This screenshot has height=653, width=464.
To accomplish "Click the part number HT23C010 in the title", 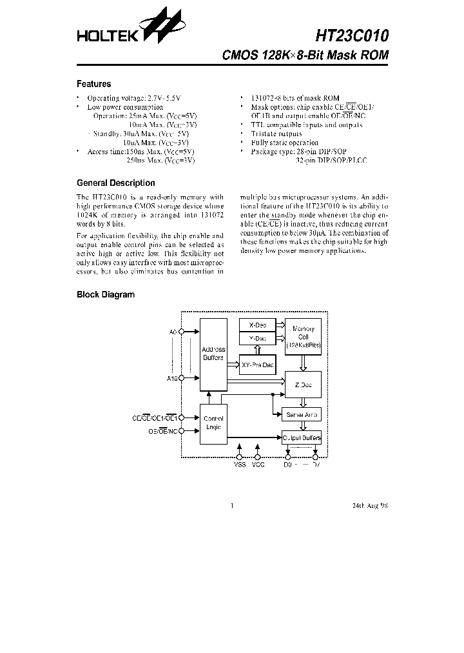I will tap(352, 34).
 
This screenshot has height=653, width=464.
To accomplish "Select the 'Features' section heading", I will tap(93, 84).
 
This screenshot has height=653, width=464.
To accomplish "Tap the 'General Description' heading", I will tap(115, 183).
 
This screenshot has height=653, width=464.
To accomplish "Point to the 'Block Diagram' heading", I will tap(106, 294).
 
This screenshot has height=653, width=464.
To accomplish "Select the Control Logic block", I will tap(213, 423).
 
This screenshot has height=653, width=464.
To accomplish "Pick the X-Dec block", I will tap(257, 325).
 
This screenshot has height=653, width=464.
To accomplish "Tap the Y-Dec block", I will tap(257, 338).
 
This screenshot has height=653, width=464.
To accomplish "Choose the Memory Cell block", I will tap(303, 337).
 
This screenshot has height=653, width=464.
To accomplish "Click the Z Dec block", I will tap(303, 385).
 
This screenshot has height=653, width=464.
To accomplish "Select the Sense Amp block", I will tap(302, 414).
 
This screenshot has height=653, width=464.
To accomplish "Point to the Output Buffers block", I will tap(302, 438).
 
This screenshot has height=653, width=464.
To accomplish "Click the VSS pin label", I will tap(240, 465).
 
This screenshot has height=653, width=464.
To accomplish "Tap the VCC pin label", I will tap(258, 465).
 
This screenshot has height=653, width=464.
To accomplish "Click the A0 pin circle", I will tap(181, 331).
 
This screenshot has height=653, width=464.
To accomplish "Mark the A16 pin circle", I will tap(181, 378).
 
